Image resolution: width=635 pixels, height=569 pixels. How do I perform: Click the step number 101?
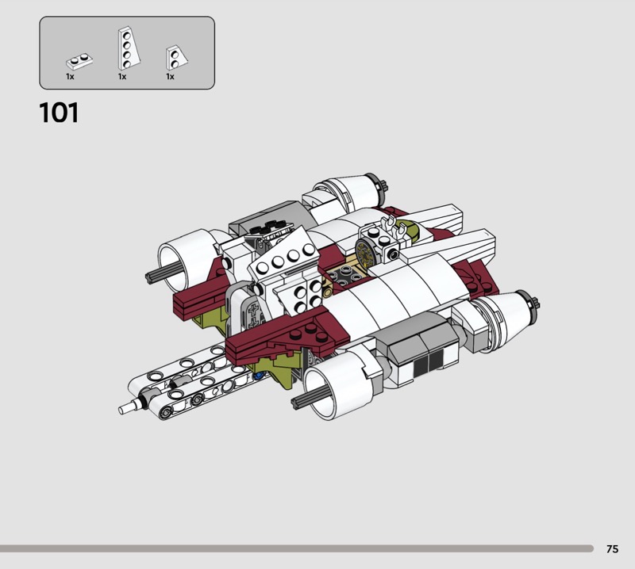pyautogui.click(x=59, y=113)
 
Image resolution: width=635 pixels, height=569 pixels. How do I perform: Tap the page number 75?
pyautogui.click(x=612, y=548)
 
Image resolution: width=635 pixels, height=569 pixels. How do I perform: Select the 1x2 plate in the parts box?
pyautogui.click(x=79, y=62)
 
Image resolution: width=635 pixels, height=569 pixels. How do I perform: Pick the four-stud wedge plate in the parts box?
pyautogui.click(x=129, y=48)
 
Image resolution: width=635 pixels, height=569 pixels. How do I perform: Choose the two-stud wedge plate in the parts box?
pyautogui.click(x=176, y=57)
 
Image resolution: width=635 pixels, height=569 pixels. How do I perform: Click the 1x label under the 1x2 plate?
pyautogui.click(x=70, y=76)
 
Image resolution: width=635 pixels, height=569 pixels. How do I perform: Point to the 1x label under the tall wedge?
pyautogui.click(x=122, y=76)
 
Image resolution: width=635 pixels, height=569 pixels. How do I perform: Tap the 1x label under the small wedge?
pyautogui.click(x=170, y=76)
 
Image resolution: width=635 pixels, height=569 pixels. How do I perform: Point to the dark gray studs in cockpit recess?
pyautogui.click(x=344, y=276)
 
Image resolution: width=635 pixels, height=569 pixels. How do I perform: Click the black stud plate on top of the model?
pyautogui.click(x=270, y=227)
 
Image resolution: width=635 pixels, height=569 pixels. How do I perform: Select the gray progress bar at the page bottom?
pyautogui.click(x=297, y=548)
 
